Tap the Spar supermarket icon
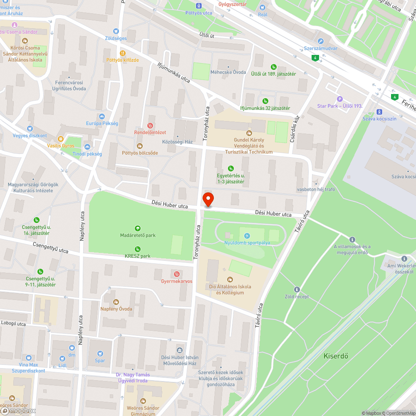(100, 353)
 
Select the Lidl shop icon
(62, 358)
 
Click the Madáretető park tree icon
(138, 228)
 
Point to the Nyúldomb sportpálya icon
(247, 235)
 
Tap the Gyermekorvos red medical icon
(177, 274)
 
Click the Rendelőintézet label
(150, 132)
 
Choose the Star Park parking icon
(340, 99)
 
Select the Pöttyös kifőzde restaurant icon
(122, 53)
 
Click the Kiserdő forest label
(336, 356)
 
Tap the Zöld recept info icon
(297, 289)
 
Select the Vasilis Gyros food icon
(61, 139)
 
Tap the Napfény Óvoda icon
(116, 302)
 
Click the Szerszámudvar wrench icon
(320, 41)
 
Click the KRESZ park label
(138, 256)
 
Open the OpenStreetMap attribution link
(397, 413)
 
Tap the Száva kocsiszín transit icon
(379, 111)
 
